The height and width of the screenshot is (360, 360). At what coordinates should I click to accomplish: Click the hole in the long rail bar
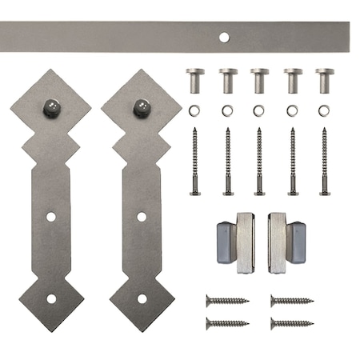point(225,36)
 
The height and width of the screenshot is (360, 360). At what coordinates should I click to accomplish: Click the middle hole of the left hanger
point(51,217)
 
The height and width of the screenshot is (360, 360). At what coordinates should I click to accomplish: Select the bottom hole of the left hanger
point(51,298)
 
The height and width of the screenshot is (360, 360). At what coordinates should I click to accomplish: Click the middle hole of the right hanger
point(142,217)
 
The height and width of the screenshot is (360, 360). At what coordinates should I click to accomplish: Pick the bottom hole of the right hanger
point(142,298)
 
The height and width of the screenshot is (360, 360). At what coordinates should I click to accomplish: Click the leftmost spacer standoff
point(195,79)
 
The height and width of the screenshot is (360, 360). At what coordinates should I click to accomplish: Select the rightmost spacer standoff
point(324,79)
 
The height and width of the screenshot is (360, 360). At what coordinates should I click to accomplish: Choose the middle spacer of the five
point(259,79)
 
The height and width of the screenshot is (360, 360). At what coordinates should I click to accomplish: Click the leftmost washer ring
point(195,110)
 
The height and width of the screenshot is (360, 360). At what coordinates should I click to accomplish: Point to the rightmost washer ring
point(324,110)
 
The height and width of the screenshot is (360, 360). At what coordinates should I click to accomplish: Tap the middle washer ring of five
point(259,110)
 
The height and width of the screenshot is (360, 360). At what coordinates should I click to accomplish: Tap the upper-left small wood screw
point(227,301)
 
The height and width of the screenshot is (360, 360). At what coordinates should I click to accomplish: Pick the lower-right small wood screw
point(291,323)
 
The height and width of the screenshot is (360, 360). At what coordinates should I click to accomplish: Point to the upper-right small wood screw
point(291,301)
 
